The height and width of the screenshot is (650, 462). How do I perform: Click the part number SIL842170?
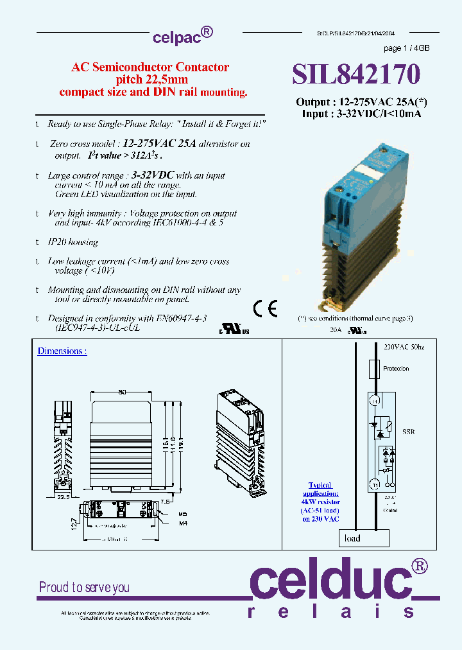tap(357, 75)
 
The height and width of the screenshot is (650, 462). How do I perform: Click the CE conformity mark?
tap(265, 309)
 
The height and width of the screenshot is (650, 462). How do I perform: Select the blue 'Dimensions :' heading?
tap(62, 351)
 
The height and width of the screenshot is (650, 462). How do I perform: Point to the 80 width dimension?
tap(122, 392)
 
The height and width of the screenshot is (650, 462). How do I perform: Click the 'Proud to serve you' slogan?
tap(84, 587)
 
